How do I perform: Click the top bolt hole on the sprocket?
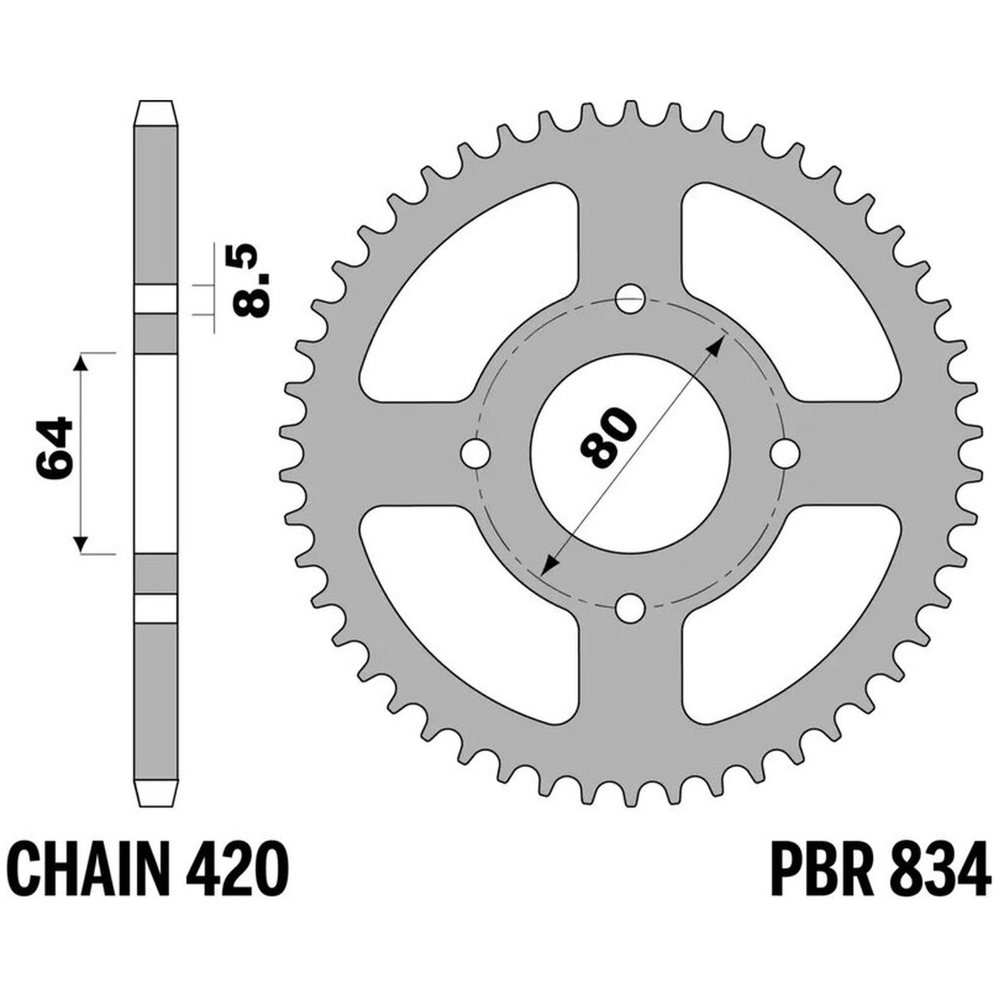pyautogui.click(x=630, y=299)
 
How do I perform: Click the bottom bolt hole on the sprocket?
pyautogui.click(x=630, y=607)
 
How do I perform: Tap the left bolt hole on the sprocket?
pyautogui.click(x=475, y=454)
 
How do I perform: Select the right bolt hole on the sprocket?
pyautogui.click(x=785, y=454)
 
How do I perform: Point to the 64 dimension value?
pyautogui.click(x=54, y=449)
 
